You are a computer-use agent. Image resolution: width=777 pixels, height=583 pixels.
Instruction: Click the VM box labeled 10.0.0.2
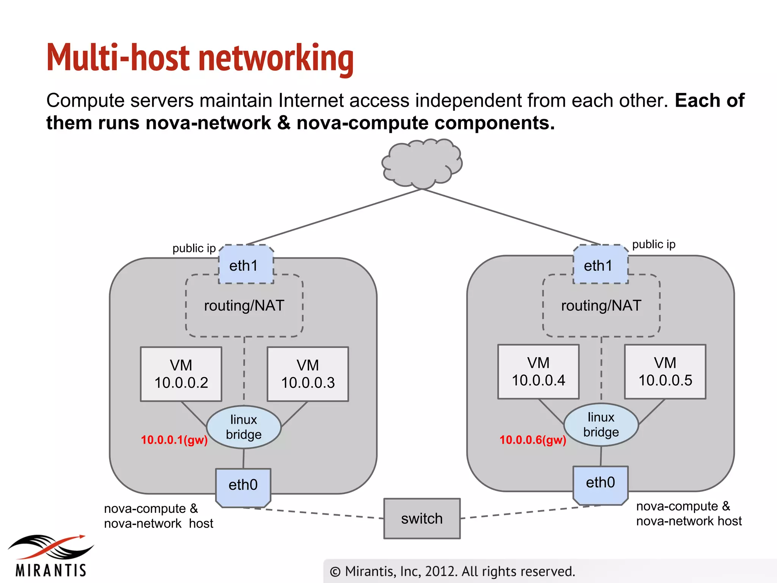coord(181,374)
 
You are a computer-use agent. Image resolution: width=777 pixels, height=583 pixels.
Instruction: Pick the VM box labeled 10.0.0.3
coord(308,374)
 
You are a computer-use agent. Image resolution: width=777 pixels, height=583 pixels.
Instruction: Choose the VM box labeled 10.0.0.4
coord(538,372)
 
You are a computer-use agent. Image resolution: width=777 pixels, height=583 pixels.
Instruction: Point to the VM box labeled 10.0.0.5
coord(665,372)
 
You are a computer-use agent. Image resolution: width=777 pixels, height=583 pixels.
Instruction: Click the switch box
coord(422,518)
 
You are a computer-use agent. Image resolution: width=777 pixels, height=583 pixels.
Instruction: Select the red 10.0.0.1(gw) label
coord(174,440)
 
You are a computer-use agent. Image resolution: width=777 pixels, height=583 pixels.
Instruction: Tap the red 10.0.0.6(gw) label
coord(533,440)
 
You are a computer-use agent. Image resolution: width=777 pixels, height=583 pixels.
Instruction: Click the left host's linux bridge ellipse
coord(244,427)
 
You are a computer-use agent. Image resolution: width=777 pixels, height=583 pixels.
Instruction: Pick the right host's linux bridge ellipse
coord(601,425)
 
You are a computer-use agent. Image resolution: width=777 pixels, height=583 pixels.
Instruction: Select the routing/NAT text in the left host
coord(244,306)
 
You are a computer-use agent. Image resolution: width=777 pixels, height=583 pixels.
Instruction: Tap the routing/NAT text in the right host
coord(601,306)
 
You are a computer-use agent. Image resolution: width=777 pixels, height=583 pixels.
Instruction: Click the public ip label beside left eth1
coord(194,248)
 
